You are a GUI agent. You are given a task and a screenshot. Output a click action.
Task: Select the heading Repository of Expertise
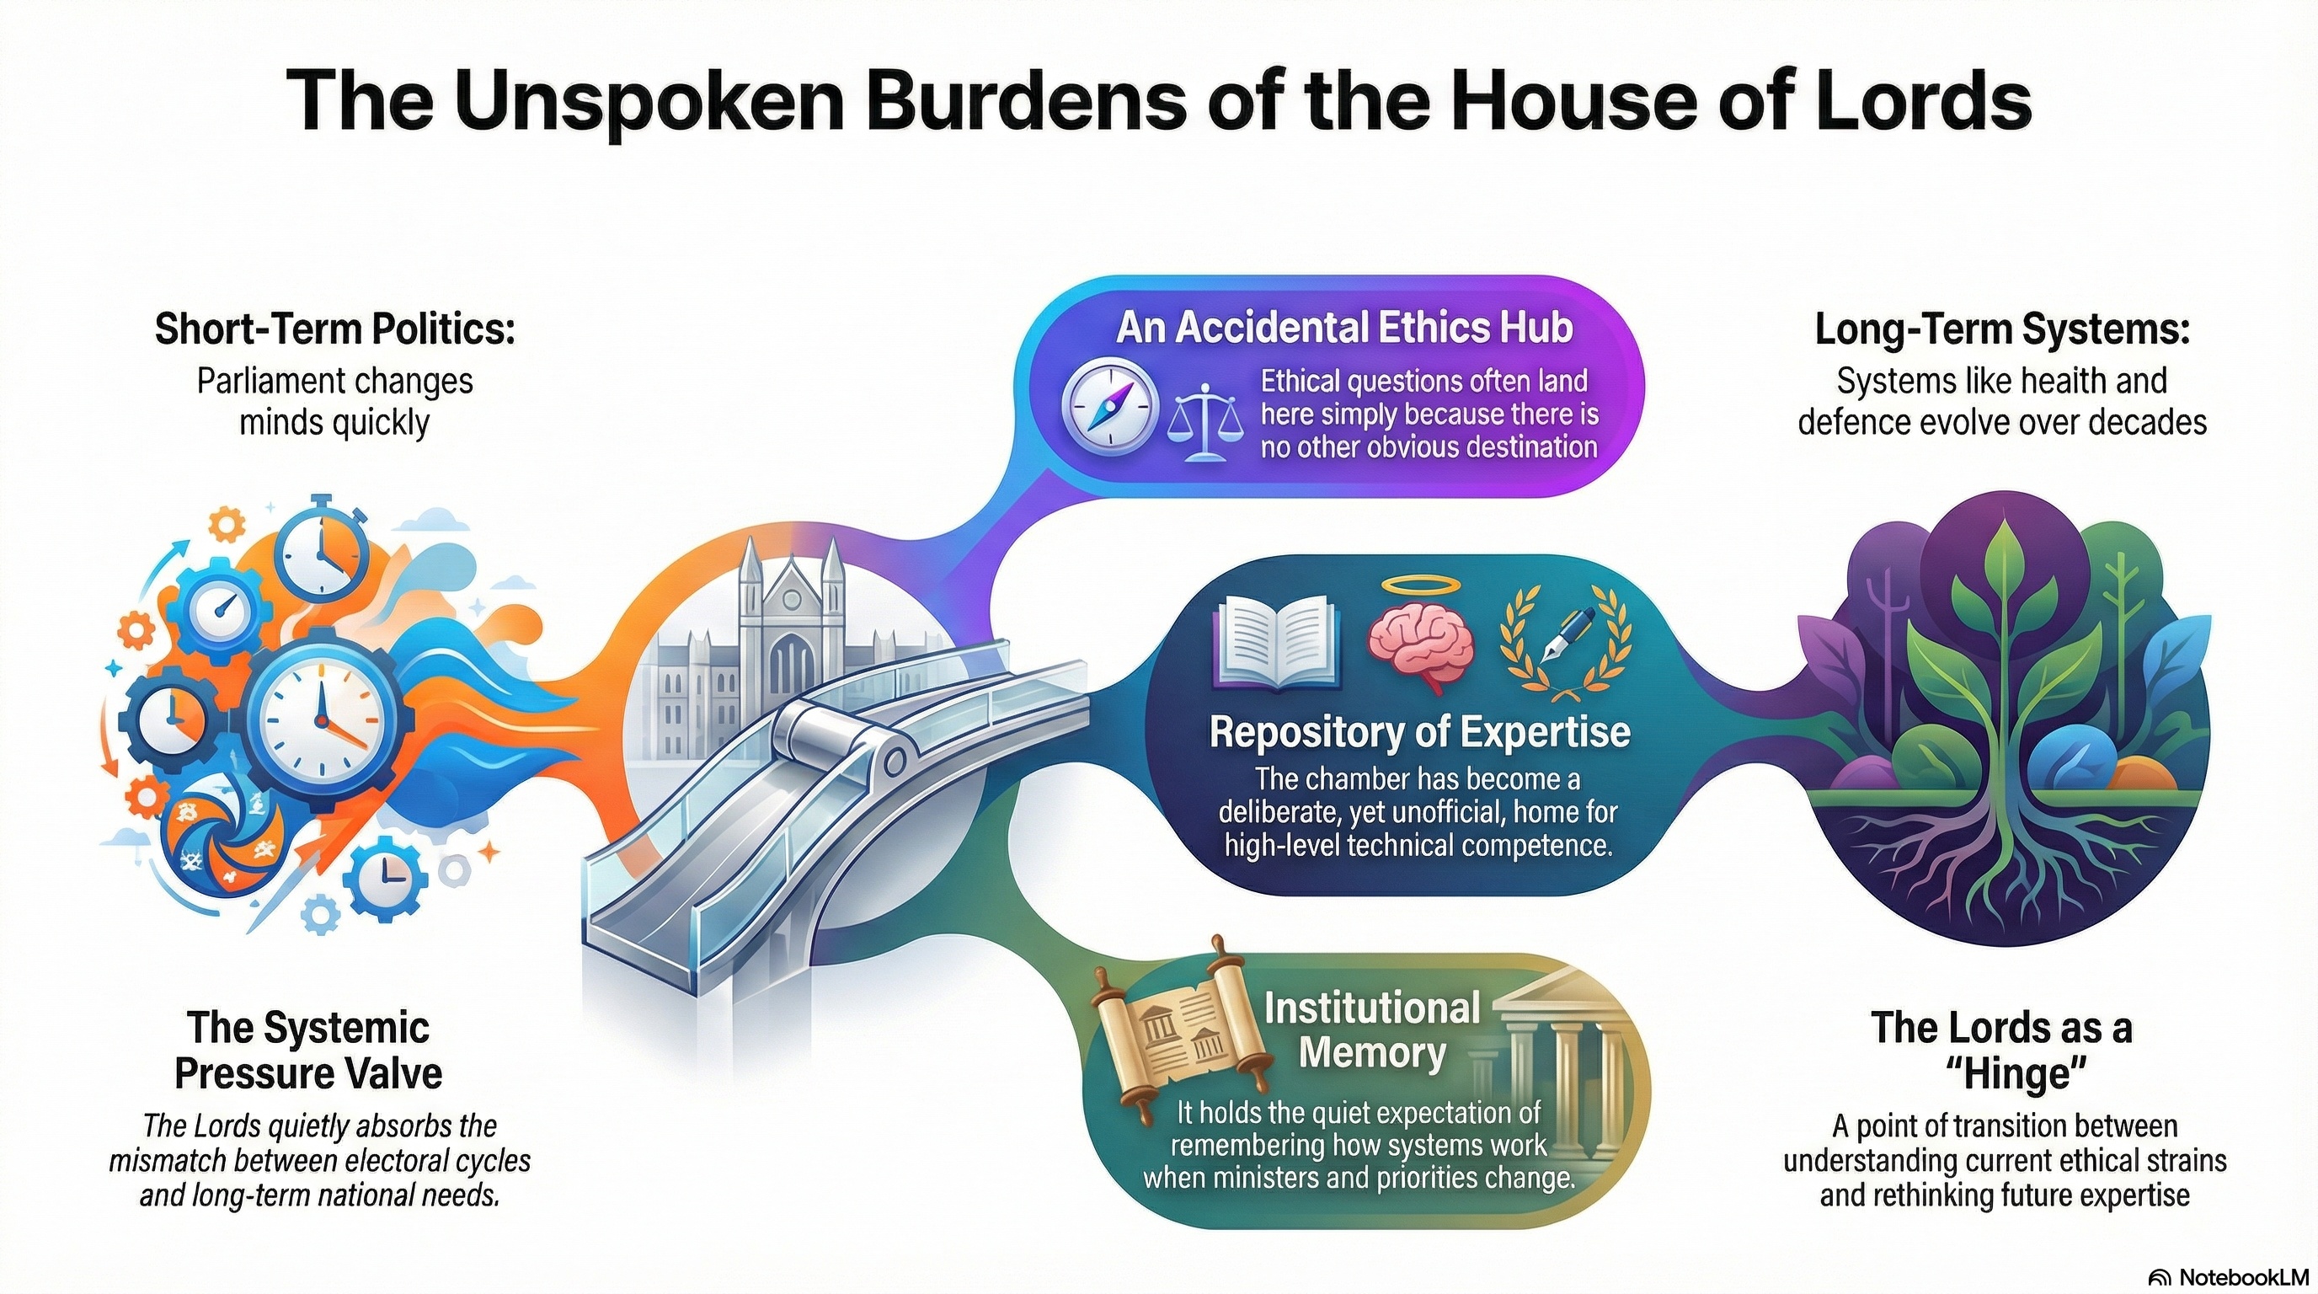click(1419, 731)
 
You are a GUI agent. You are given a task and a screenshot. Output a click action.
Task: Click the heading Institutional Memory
click(1371, 1030)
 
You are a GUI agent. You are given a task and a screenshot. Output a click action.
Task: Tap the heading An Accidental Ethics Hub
click(1344, 328)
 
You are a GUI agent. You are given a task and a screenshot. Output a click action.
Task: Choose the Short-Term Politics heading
click(334, 329)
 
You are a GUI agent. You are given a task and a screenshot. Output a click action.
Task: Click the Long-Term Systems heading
click(2001, 329)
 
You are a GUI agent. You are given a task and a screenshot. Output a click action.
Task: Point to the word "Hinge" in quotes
click(2002, 1074)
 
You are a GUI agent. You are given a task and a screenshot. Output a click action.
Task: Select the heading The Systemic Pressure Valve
click(308, 1051)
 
